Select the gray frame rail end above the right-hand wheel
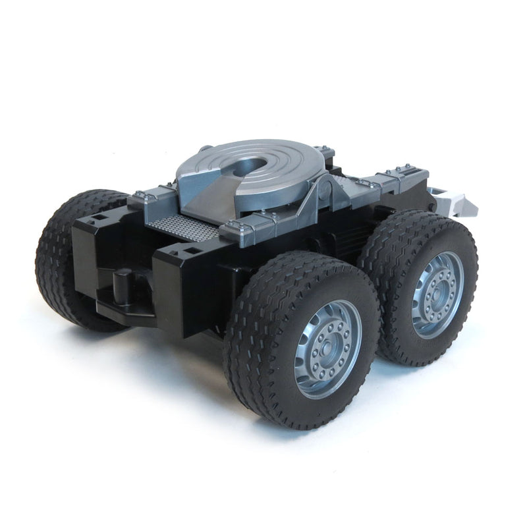(x=402, y=178)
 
